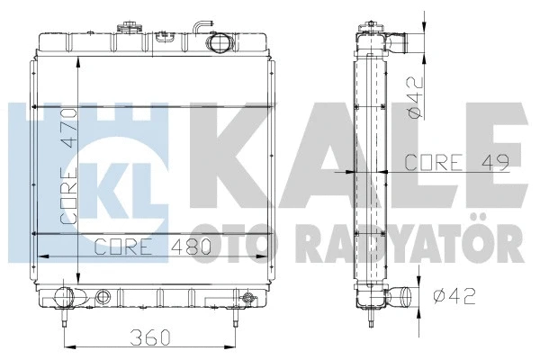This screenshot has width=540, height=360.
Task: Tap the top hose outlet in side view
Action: click(x=398, y=40)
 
